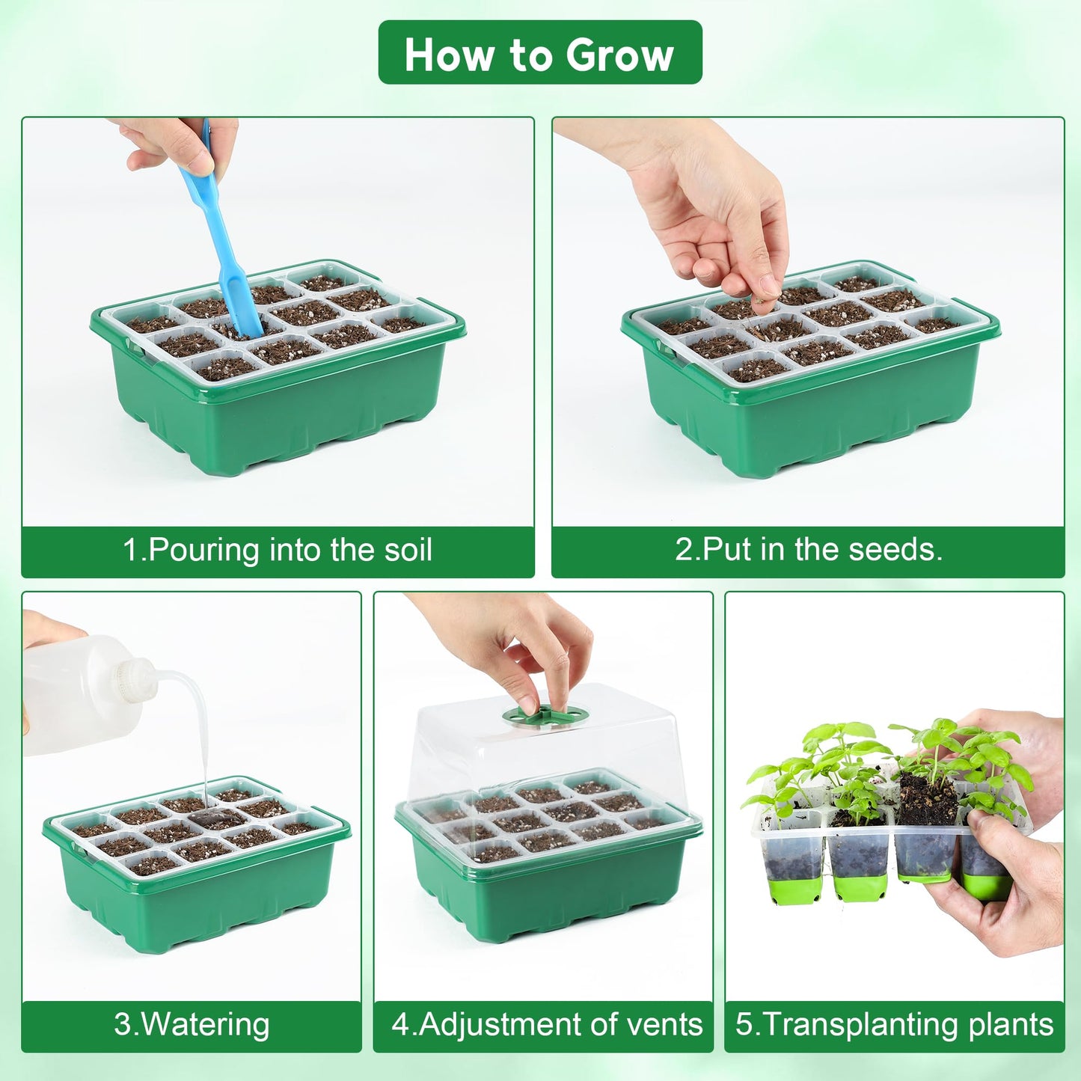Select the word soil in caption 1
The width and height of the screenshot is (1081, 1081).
pos(408,550)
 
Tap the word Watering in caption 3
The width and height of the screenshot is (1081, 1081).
pos(205,1025)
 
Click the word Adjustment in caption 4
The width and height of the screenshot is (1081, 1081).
pos(500,1025)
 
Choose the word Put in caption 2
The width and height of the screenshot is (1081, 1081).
pos(726,550)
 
